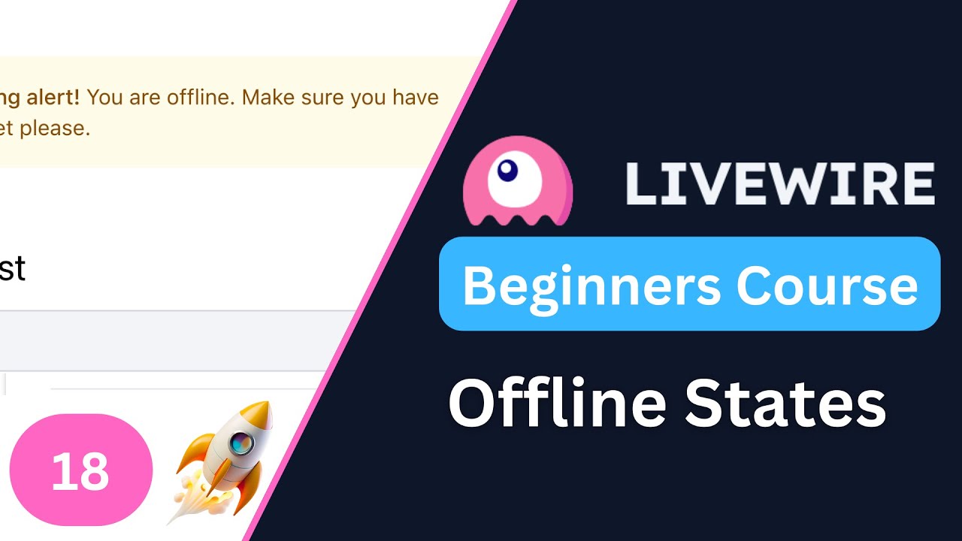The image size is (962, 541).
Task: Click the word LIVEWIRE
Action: (780, 184)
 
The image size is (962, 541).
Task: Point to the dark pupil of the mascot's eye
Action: (508, 171)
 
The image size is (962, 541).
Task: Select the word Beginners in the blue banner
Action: (592, 286)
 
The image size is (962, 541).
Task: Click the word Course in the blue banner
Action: (827, 286)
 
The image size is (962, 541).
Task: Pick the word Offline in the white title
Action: (558, 404)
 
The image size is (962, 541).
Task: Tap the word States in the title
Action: (785, 404)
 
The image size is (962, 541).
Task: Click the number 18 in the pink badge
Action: (80, 472)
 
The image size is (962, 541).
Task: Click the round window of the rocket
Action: (240, 443)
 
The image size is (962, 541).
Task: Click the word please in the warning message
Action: (54, 128)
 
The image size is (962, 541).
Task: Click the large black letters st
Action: (12, 268)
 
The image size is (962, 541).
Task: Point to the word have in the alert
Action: (410, 98)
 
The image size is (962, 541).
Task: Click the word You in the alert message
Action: (105, 98)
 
